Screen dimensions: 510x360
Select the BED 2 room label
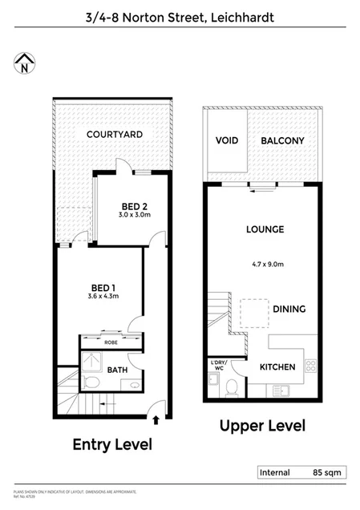[x=134, y=204]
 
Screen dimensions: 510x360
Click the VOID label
[x=225, y=141]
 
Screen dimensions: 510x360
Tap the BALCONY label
[x=282, y=141]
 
